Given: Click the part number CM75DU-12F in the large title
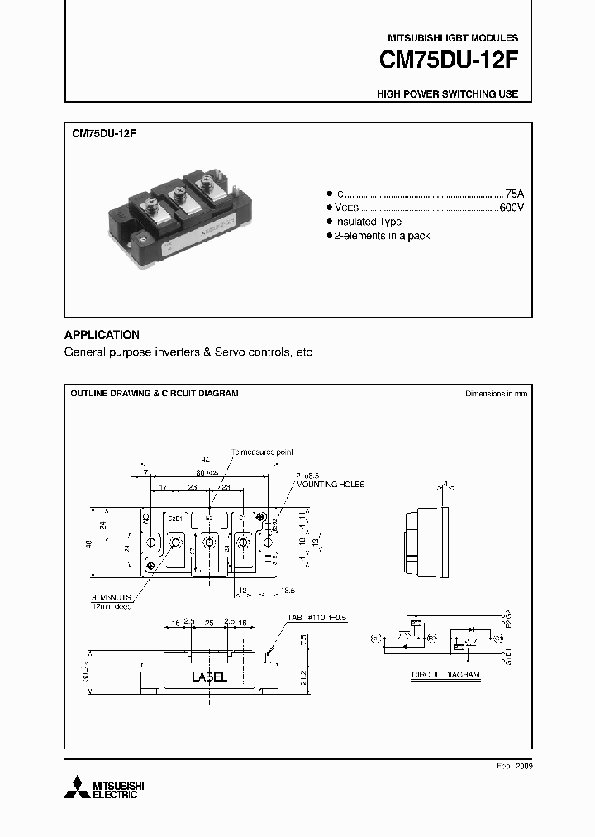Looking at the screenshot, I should [x=449, y=61].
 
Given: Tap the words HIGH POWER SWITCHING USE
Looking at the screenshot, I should [x=447, y=94].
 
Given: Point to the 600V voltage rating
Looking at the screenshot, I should [x=512, y=207].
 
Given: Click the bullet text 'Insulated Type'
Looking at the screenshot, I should [x=368, y=222].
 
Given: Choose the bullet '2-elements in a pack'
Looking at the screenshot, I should [x=382, y=236].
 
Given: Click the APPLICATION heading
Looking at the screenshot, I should [x=102, y=335].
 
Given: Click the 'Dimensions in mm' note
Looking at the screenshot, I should [x=496, y=394].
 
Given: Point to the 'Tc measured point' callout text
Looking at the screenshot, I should [x=262, y=452].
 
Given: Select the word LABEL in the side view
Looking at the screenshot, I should [x=209, y=677].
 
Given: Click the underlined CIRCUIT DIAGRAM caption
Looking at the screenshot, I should [x=445, y=675].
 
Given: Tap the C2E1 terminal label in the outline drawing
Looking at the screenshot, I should [x=175, y=519].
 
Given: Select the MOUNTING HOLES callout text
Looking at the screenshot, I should [x=331, y=485].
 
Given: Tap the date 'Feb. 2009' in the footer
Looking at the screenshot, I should [x=513, y=767].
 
